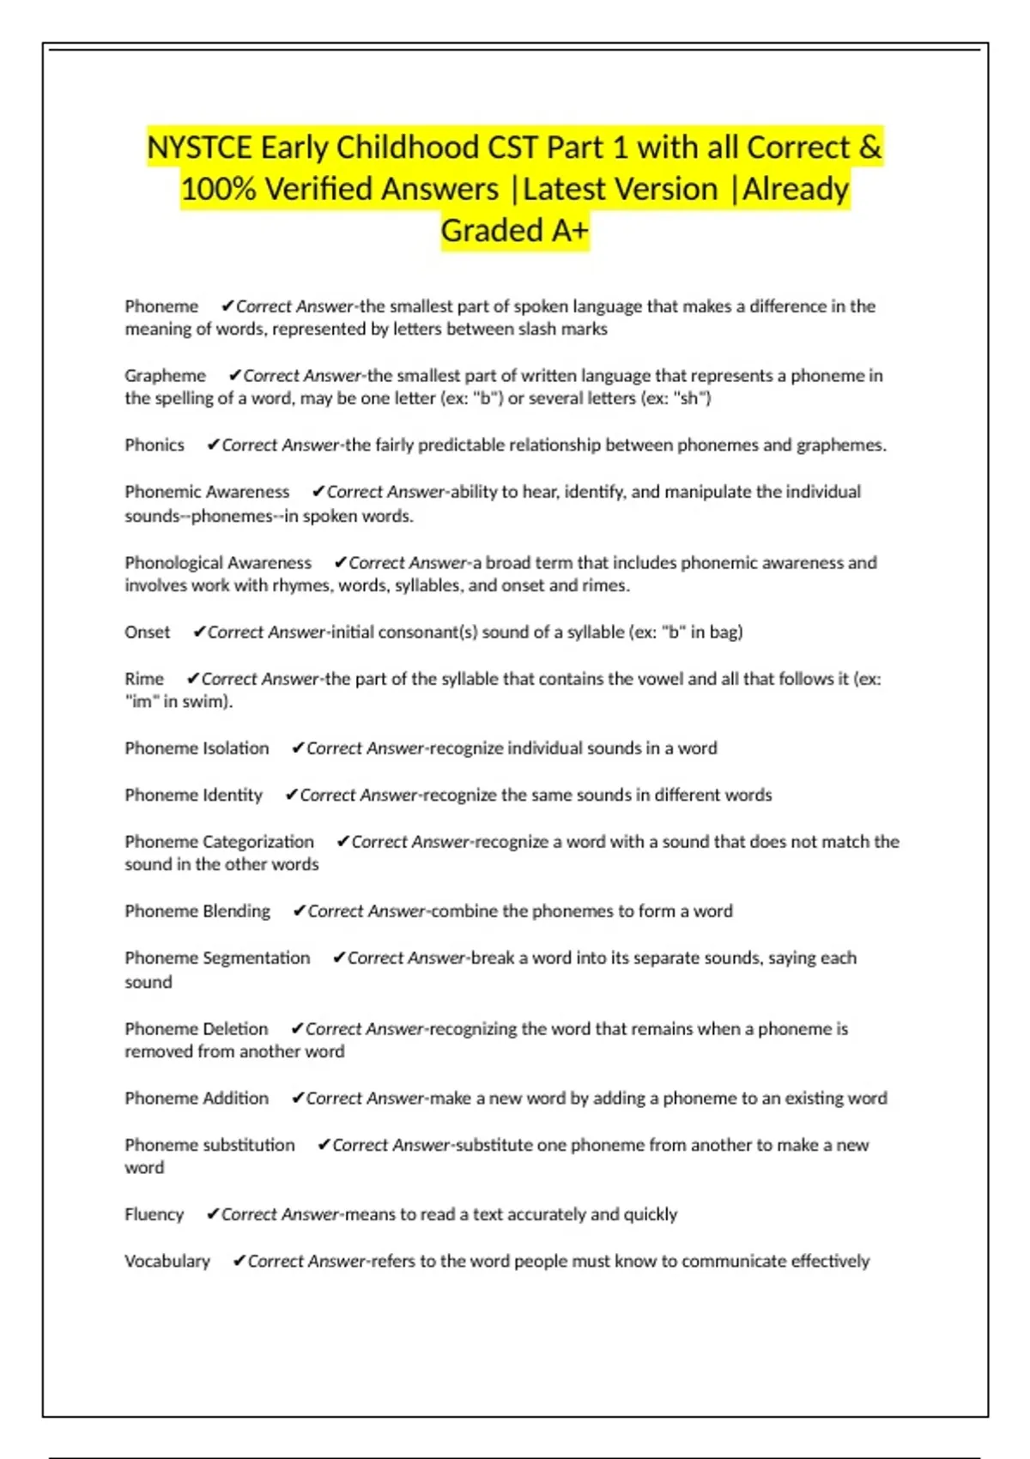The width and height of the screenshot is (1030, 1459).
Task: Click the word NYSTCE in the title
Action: coord(199,148)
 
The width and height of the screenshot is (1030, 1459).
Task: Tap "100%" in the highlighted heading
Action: coord(218,189)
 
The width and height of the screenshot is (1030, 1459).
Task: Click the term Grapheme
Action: coord(165,375)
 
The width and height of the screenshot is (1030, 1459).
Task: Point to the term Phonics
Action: coord(154,445)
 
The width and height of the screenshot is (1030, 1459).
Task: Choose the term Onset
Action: coord(147,632)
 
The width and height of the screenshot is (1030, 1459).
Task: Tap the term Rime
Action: coord(143,678)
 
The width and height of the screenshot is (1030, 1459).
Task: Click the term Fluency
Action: coord(154,1214)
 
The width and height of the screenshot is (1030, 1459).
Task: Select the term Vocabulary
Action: coord(167,1261)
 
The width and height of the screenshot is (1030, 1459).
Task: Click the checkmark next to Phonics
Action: coord(213,445)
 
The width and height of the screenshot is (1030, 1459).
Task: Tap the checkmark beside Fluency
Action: coord(213,1214)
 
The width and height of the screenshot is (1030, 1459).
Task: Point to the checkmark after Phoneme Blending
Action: coord(299,911)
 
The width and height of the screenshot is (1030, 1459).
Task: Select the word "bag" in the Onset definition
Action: coord(725,632)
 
